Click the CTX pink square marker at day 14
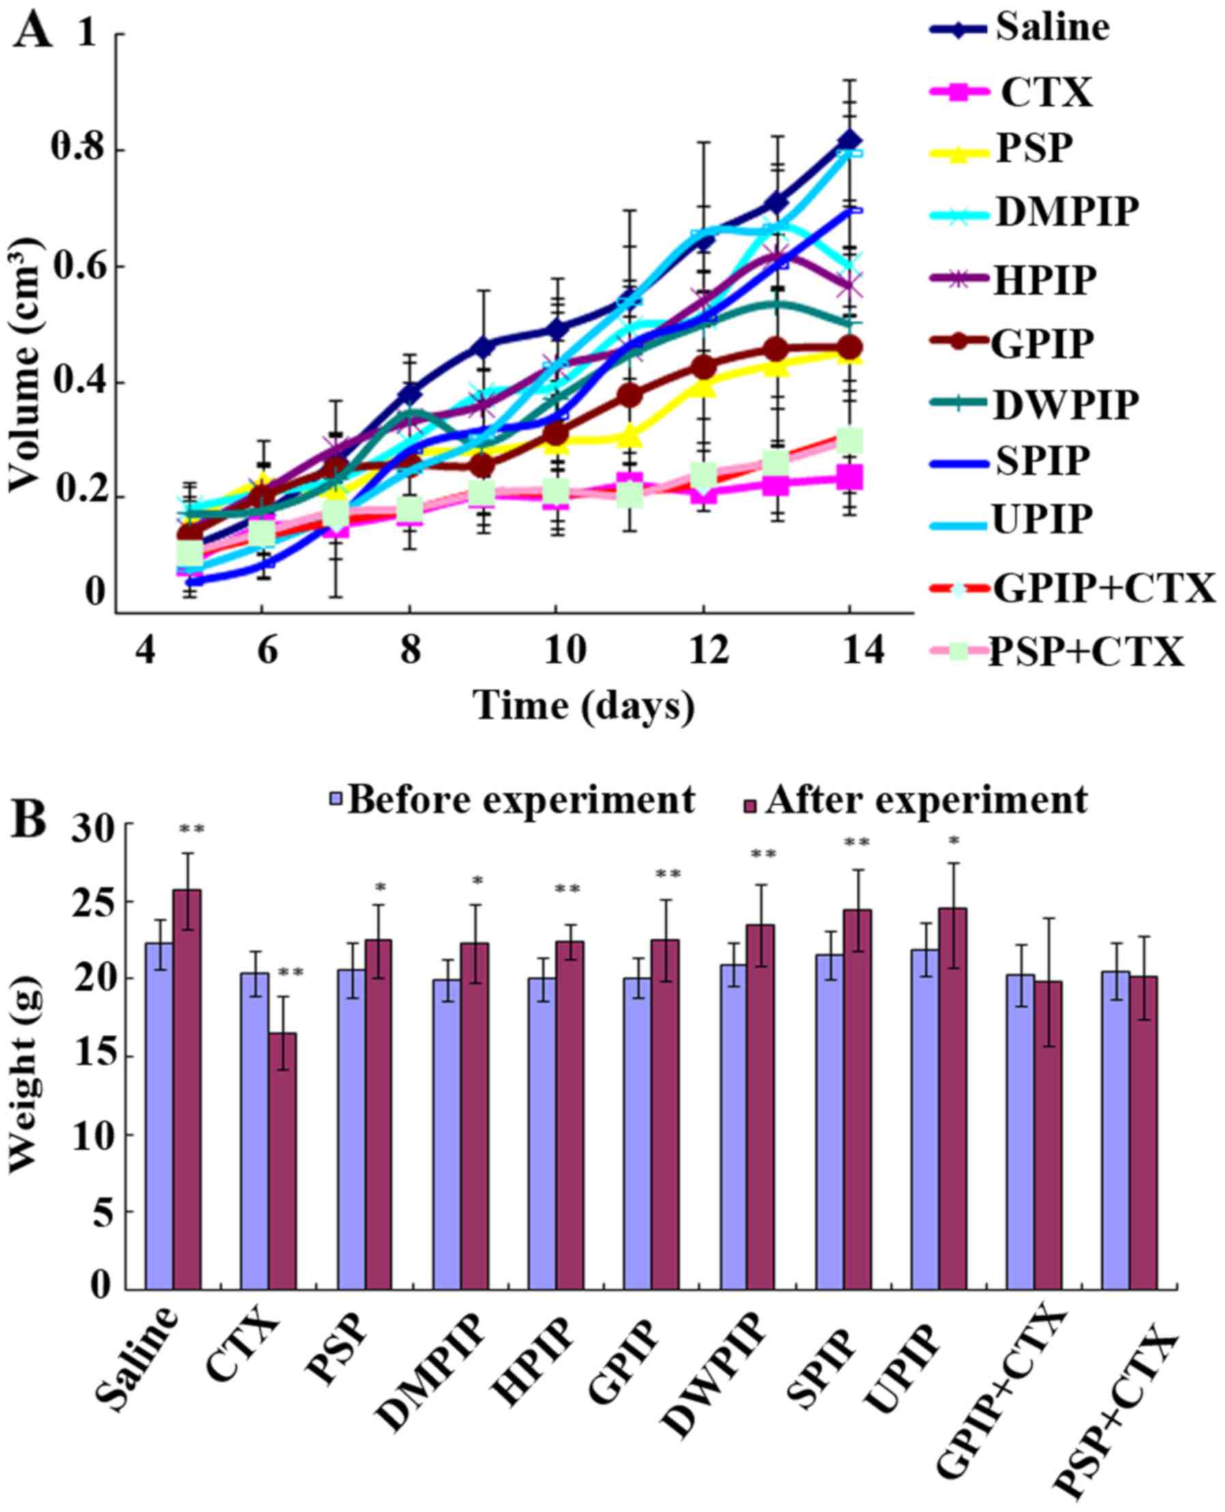click(x=850, y=479)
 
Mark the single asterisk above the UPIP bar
click(x=954, y=841)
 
